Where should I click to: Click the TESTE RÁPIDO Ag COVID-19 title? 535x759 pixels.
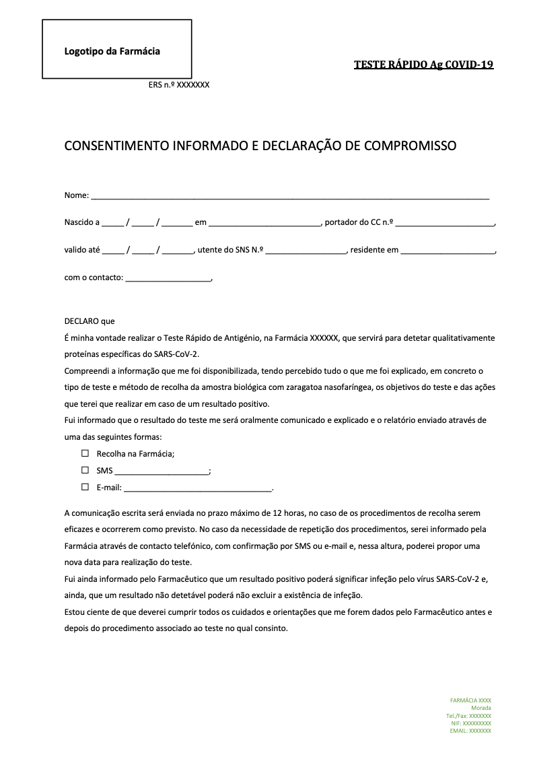coord(423,65)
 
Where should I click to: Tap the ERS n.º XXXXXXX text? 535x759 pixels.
coord(179,85)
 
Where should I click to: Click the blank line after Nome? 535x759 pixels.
coord(289,196)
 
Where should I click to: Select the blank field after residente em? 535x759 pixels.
coord(448,251)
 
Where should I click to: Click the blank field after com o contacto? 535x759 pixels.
coord(168,277)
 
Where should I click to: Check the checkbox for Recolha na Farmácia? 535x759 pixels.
coord(85,454)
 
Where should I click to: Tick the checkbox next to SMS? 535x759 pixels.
coord(85,470)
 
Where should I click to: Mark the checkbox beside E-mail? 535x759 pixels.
coord(85,487)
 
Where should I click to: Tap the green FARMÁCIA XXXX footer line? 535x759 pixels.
coord(470,700)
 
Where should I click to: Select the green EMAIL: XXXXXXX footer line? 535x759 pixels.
coord(470,730)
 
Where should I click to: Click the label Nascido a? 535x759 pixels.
coord(82,223)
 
